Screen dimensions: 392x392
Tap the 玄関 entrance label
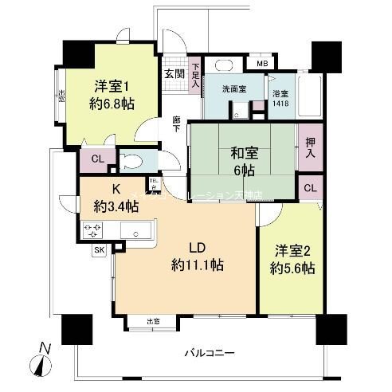point(173,73)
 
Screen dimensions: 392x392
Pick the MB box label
point(262,63)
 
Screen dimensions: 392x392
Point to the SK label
point(100,250)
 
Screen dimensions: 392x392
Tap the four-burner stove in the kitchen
point(93,231)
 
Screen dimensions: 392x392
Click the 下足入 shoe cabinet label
point(195,74)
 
